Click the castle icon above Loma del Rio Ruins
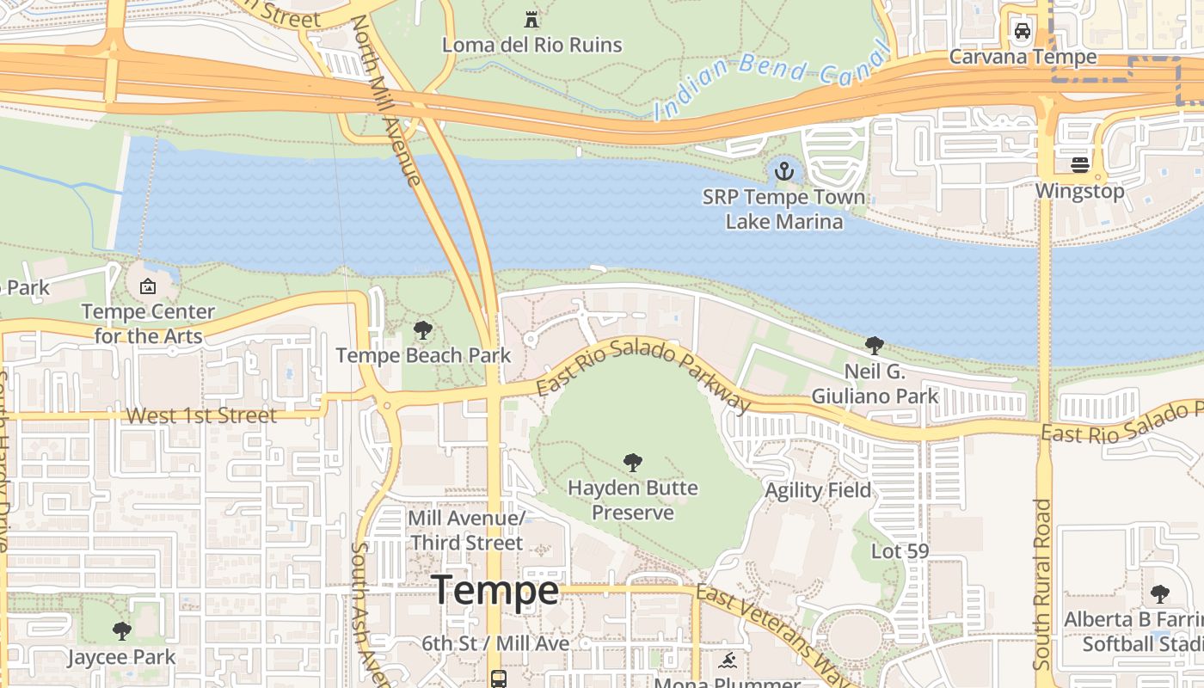coord(531,19)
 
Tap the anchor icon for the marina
coord(783,171)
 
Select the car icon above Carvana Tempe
coord(1023,31)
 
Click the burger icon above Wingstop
coord(1080,164)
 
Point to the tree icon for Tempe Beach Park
coord(422,329)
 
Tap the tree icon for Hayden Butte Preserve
coord(633,463)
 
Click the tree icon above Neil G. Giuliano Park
coord(875,346)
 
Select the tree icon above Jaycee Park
coord(122,631)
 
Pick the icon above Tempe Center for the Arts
coord(148,286)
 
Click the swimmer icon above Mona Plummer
coord(728,661)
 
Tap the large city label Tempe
coord(495,591)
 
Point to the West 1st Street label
coord(201,415)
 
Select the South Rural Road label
coord(1042,585)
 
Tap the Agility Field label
coord(818,490)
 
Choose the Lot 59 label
coord(900,550)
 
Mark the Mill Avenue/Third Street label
coord(466,531)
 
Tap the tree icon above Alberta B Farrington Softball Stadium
coord(1159,593)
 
